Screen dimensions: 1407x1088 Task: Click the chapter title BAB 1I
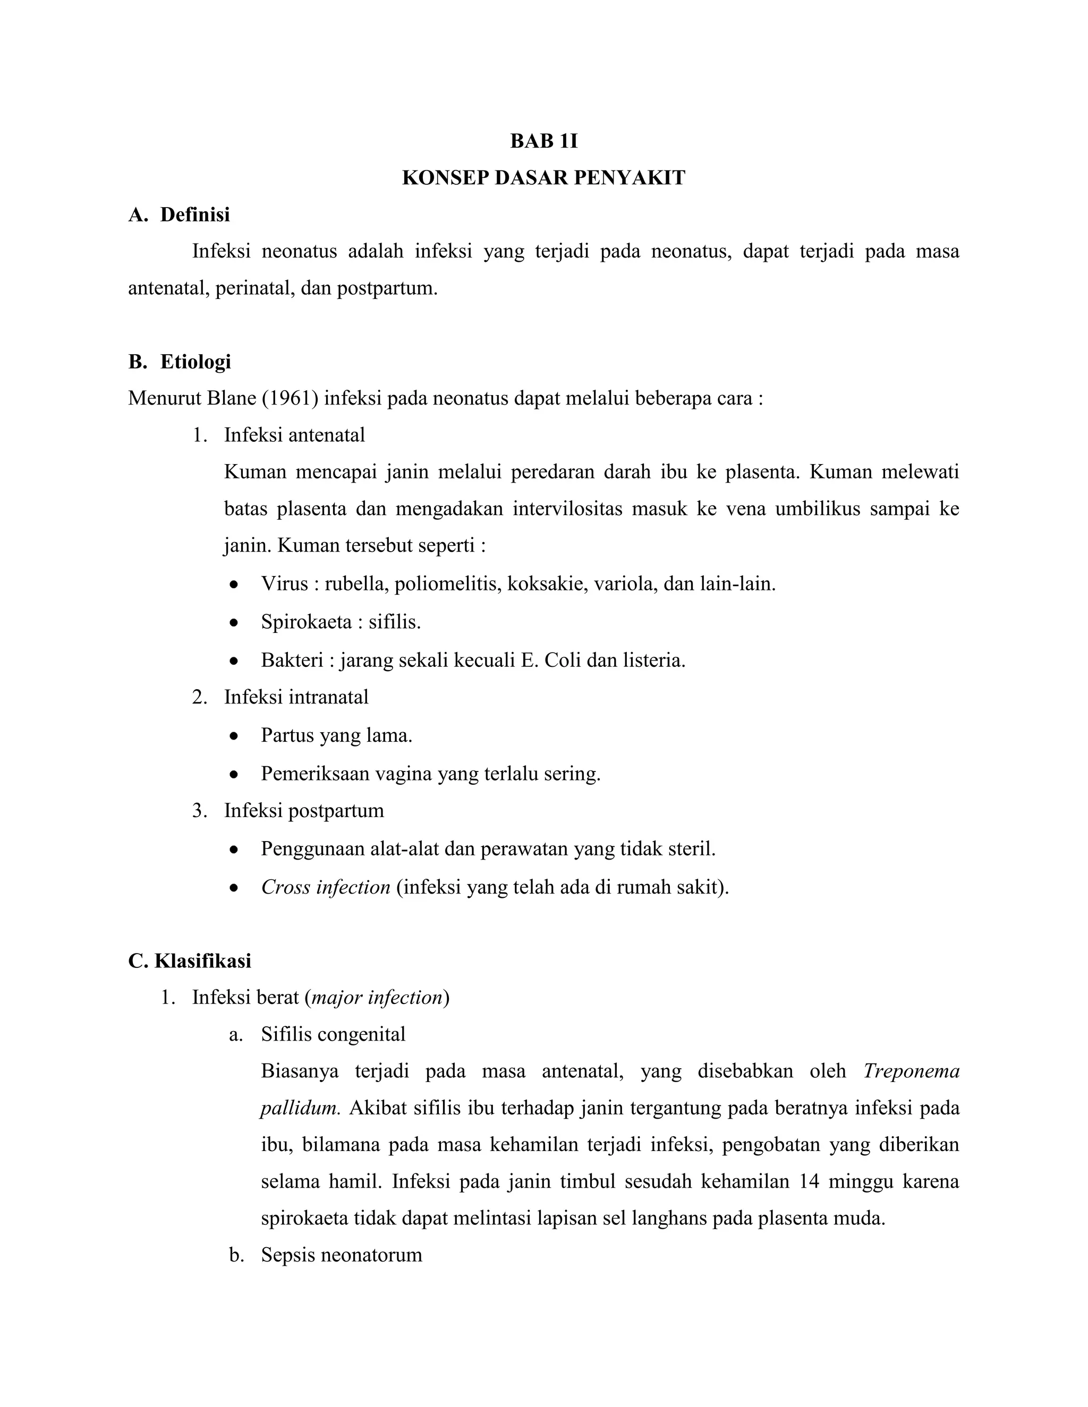543,141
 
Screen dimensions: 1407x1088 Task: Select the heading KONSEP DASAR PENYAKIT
543,177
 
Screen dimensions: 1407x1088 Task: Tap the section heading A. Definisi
179,215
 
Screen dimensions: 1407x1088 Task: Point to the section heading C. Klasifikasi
190,960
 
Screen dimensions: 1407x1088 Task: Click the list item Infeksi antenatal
294,435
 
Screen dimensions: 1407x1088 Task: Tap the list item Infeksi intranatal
296,697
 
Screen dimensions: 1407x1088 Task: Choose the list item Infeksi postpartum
303,810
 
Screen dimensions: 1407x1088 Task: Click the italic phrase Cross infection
326,887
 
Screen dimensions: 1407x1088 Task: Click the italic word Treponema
911,1071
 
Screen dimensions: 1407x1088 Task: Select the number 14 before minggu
808,1181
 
